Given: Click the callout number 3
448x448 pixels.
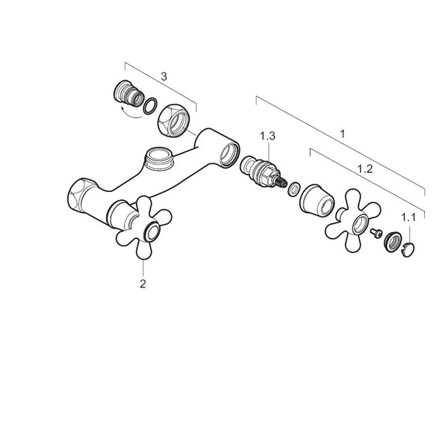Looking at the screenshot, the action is (x=164, y=77).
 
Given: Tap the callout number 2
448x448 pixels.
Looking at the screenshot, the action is (x=143, y=284).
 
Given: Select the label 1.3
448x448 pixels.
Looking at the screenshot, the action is (x=268, y=136).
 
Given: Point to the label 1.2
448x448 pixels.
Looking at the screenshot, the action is (x=365, y=169).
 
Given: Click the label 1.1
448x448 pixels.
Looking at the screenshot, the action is (x=408, y=218).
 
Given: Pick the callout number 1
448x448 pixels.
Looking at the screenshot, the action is (x=343, y=134).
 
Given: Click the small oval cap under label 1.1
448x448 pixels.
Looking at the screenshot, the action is (x=408, y=249).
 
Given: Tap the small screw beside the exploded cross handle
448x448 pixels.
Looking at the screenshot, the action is (x=376, y=233).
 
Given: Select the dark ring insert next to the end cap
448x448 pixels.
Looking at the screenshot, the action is (x=393, y=242).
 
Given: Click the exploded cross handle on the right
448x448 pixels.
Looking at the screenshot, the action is (x=352, y=220).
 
